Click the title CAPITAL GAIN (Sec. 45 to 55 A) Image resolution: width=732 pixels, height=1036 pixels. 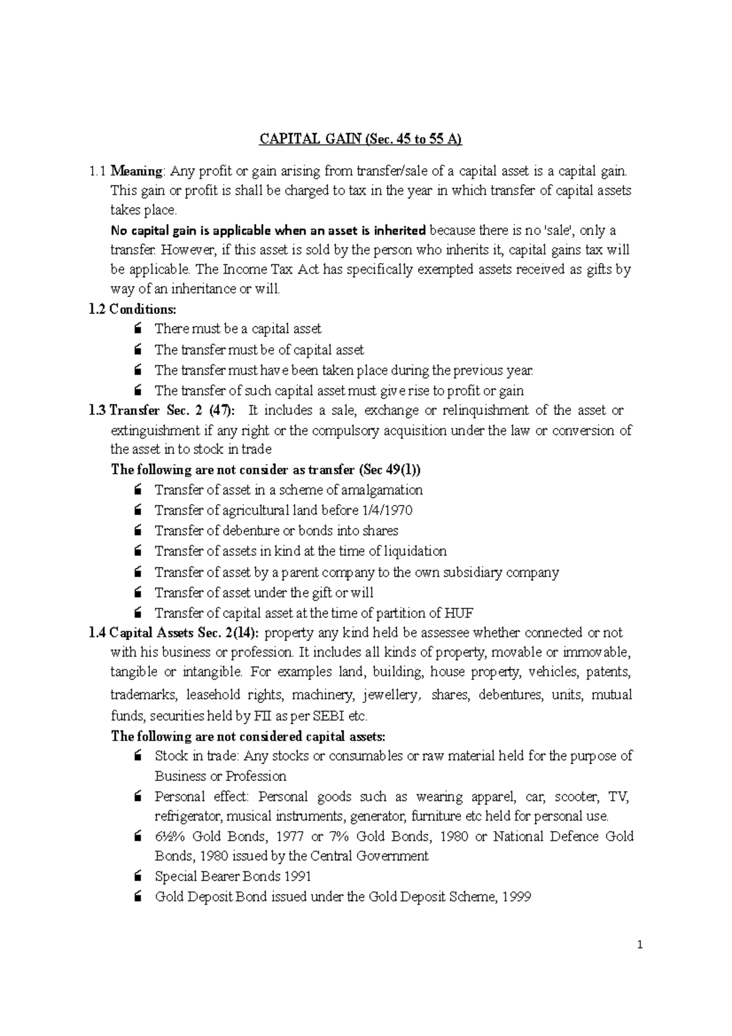(x=361, y=139)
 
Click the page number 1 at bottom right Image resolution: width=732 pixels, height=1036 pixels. (x=640, y=946)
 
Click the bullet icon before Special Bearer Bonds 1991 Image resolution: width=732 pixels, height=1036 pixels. (x=138, y=877)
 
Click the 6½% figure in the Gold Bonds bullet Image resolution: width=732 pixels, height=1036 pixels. (x=171, y=836)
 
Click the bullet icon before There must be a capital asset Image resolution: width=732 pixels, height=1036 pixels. (x=138, y=329)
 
